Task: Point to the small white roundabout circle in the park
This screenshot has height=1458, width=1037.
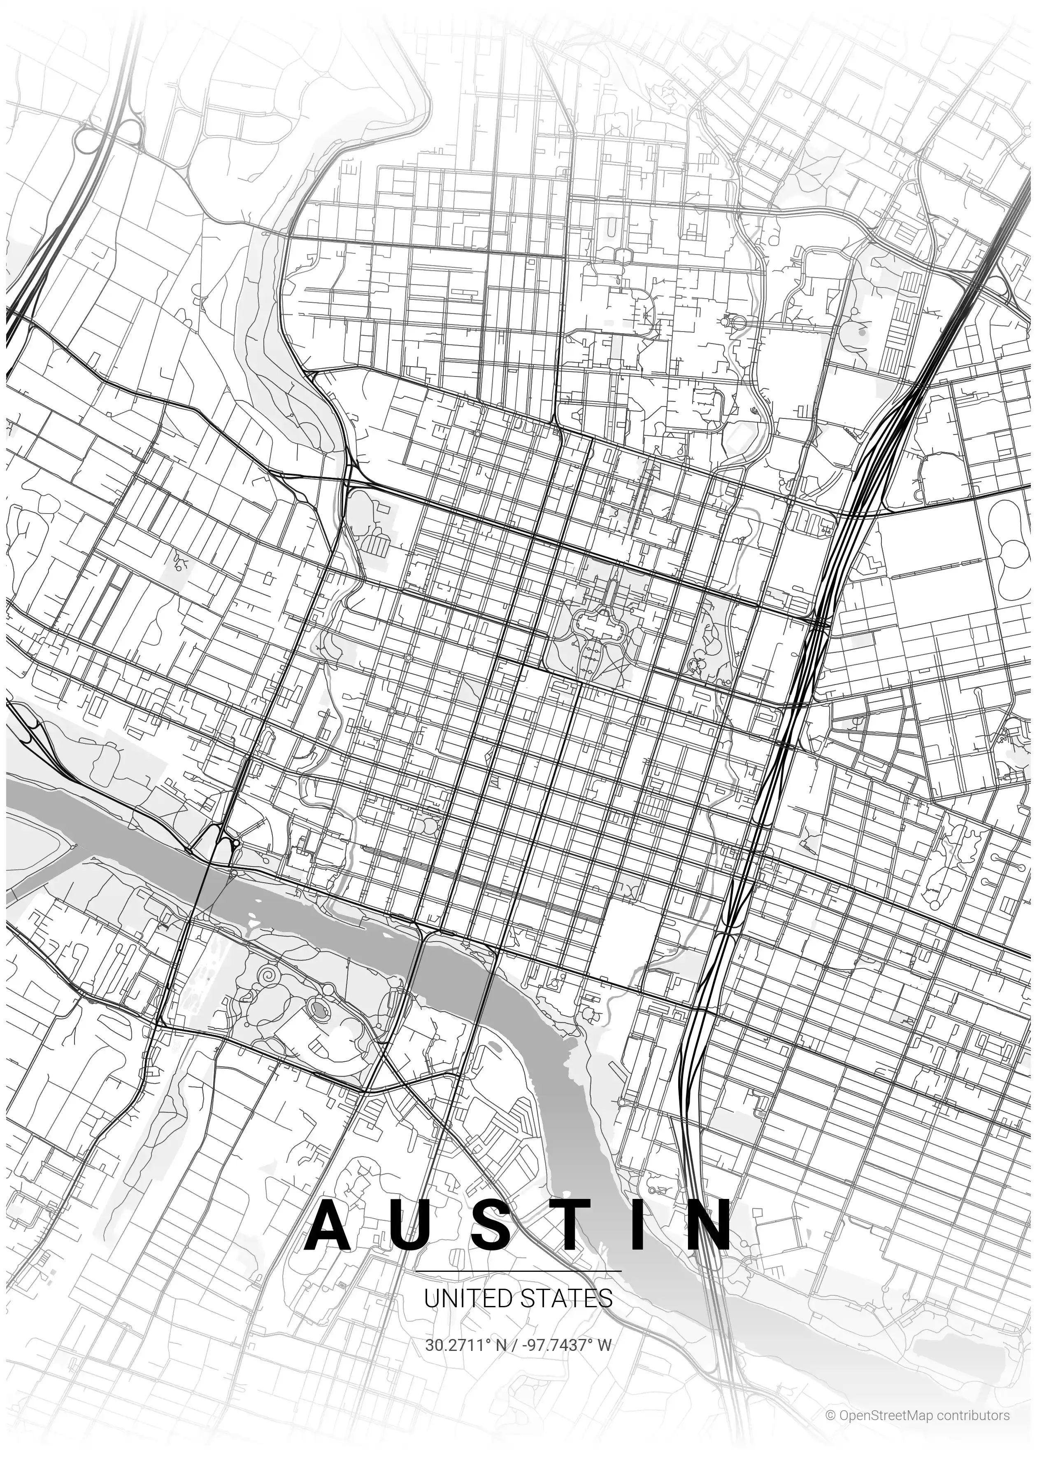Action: click(329, 989)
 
